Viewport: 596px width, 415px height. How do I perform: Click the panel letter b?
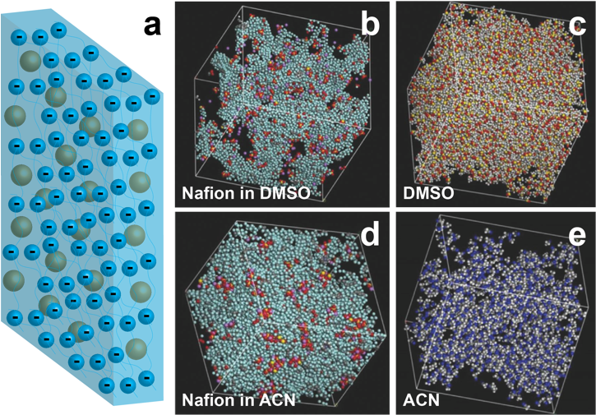370,24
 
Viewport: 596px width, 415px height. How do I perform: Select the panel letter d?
370,235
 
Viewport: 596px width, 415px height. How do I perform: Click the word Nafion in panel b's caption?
206,194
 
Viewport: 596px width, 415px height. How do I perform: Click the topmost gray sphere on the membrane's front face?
31,62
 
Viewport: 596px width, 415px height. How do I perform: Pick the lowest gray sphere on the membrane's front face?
77,331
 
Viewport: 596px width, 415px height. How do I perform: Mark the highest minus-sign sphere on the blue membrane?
58,30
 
